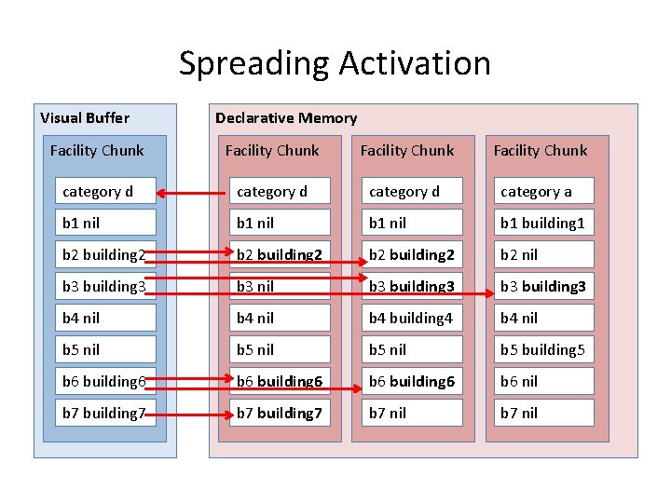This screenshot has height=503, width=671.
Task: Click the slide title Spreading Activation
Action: tap(335, 63)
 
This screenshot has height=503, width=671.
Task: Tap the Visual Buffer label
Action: tap(85, 117)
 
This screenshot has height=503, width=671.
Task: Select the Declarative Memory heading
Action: tap(286, 117)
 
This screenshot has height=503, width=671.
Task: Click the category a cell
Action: tap(540, 192)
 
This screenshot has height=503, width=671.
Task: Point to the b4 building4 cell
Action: tap(411, 318)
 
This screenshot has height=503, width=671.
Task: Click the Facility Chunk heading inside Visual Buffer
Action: tap(97, 150)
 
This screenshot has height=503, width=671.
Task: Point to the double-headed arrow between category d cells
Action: tap(194, 193)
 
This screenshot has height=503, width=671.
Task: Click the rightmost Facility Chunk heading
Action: tap(541, 150)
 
